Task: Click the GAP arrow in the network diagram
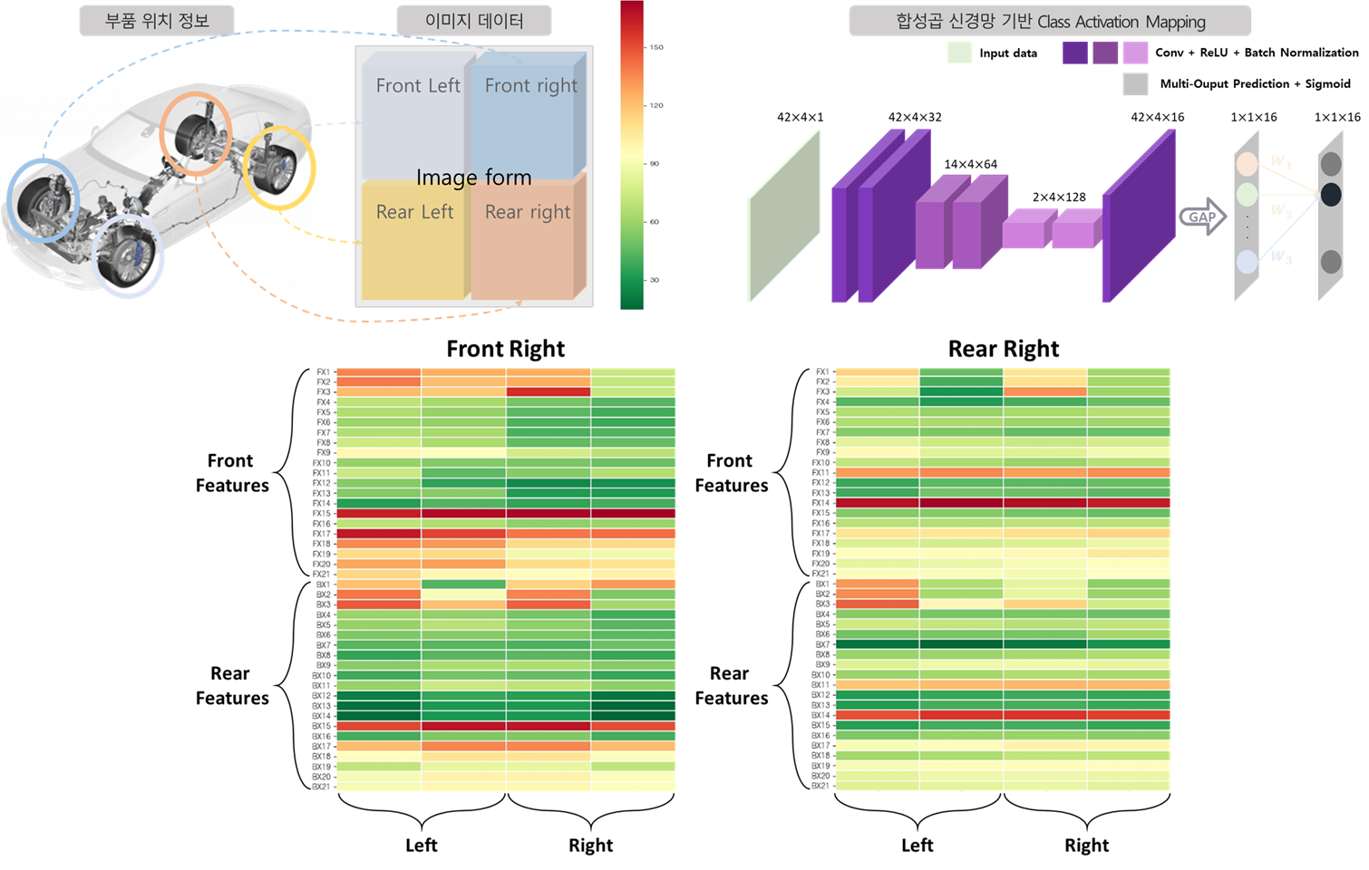pos(1202,217)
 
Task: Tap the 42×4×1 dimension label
pos(800,117)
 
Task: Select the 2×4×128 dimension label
pos(1058,197)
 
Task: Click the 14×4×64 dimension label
pos(970,164)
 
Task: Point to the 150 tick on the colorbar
pos(655,47)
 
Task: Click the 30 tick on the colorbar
pos(654,280)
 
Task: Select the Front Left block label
pos(418,86)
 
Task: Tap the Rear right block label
pos(528,212)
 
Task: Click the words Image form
pos(473,178)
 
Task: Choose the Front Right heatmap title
pos(505,349)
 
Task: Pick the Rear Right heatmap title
pos(1003,349)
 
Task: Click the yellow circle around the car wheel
pos(278,168)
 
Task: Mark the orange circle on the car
pos(196,133)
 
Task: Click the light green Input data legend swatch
pos(959,53)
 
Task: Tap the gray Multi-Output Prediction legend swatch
pos(1135,83)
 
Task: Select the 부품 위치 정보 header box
pos(157,21)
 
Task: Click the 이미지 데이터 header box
pos(473,21)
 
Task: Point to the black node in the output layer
pos(1331,194)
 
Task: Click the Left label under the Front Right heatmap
pos(421,845)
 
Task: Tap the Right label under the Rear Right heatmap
pos(1086,845)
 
